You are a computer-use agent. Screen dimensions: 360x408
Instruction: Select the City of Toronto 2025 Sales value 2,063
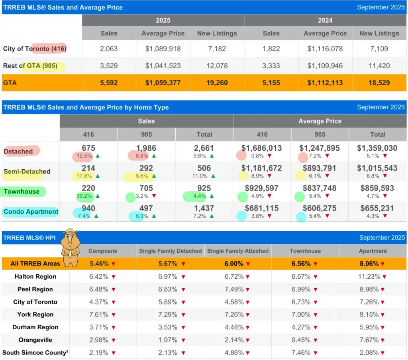109,49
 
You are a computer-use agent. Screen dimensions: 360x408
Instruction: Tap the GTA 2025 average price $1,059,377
163,83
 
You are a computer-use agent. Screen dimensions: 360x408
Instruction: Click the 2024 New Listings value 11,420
379,66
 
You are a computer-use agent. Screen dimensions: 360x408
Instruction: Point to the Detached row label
18,151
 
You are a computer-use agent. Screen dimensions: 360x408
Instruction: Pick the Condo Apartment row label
31,212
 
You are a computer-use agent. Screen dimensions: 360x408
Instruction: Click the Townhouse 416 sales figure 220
88,188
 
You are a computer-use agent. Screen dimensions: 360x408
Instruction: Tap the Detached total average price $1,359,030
377,148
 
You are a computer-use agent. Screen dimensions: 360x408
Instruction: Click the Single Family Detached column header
170,251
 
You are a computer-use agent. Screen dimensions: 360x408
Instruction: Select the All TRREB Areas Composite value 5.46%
100,264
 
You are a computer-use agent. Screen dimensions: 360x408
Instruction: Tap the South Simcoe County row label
34,353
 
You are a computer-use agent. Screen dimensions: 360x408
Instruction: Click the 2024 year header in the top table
325,20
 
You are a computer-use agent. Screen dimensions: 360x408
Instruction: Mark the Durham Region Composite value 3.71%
100,327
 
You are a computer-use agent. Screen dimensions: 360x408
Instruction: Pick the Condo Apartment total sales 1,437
204,208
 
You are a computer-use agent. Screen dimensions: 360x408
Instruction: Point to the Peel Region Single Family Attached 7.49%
235,289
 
